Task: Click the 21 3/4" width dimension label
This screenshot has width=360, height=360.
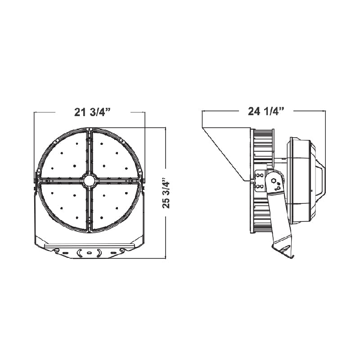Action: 93,112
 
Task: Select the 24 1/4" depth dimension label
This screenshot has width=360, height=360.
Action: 266,111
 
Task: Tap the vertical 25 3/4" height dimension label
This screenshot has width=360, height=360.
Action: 166,193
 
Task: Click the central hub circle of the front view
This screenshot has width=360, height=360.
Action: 89,180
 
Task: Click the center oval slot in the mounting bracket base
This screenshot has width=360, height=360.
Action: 89,253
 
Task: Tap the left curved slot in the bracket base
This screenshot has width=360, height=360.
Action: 78,252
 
